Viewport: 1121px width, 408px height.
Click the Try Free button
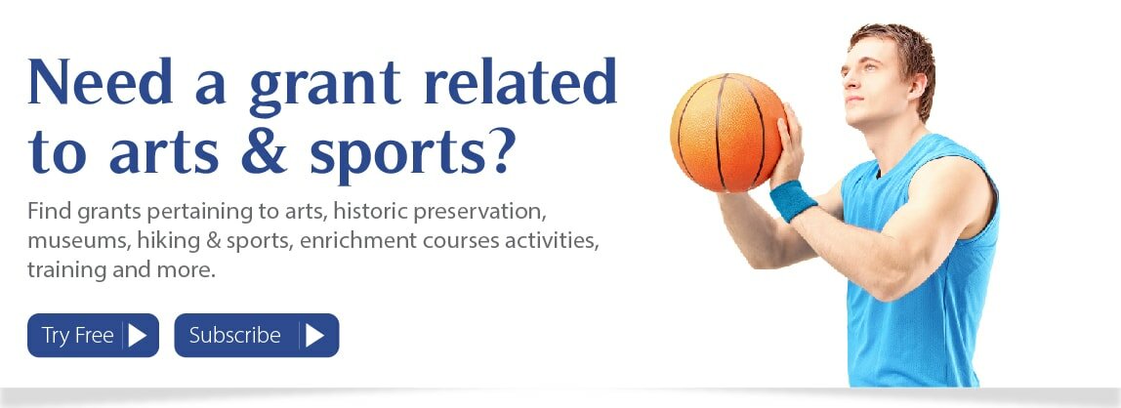(x=93, y=335)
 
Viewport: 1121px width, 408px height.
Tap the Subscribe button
(x=257, y=335)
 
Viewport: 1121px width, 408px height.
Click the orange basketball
(x=727, y=133)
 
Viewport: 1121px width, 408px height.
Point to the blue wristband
(x=794, y=200)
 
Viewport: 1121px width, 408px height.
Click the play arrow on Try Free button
(x=137, y=335)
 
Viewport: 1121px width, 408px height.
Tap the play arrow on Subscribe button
(x=314, y=335)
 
